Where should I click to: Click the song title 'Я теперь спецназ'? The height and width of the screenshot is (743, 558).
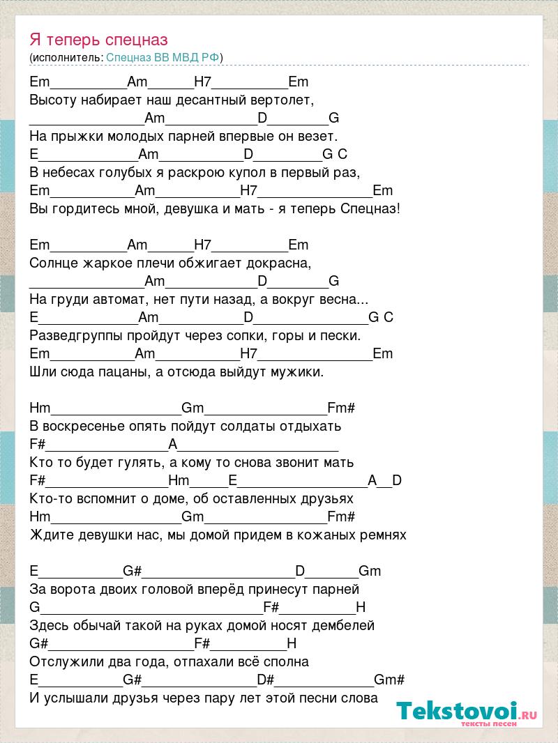click(x=99, y=40)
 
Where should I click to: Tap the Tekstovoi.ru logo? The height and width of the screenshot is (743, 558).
click(x=467, y=712)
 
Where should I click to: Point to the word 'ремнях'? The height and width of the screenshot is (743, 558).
click(x=382, y=535)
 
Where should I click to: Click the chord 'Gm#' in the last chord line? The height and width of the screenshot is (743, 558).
click(x=389, y=680)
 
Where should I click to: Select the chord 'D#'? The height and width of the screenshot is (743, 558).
click(x=265, y=680)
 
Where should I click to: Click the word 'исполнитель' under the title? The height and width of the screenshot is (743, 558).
click(x=67, y=57)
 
